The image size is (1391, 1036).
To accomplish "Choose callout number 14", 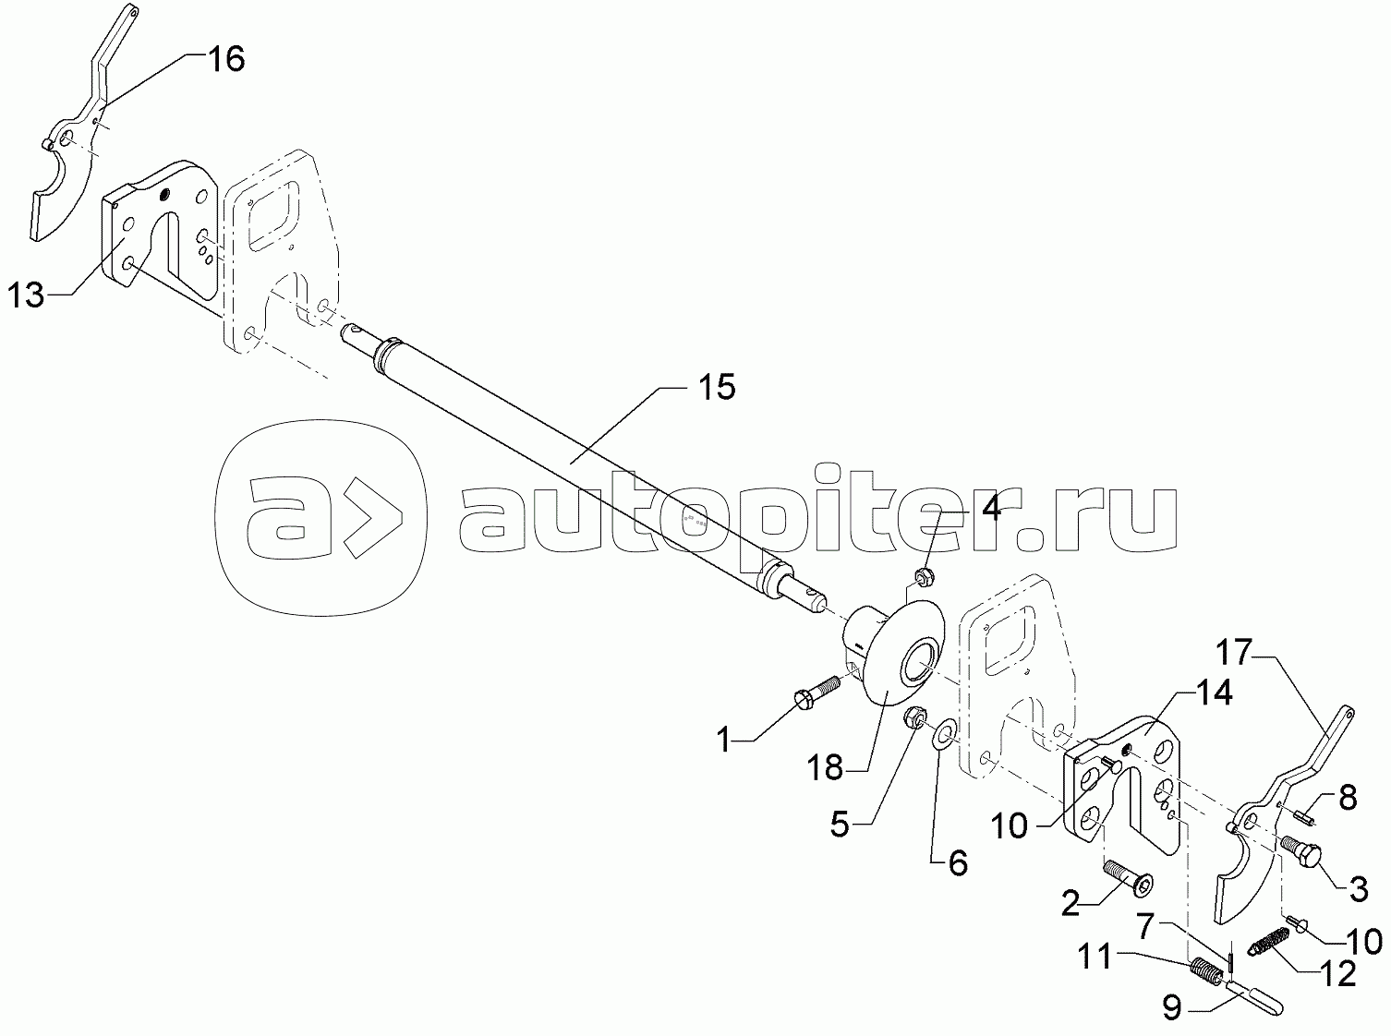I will click(x=1213, y=694).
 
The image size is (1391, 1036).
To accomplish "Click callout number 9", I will click(x=1172, y=1008).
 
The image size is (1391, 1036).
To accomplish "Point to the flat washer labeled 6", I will click(x=940, y=738).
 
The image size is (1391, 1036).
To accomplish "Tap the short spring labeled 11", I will click(x=1203, y=970).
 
